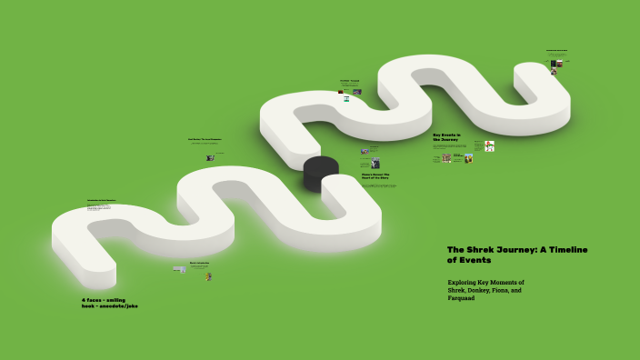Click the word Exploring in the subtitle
(x=464, y=283)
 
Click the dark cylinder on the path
(x=320, y=173)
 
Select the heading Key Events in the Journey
(x=447, y=136)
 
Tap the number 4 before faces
(x=84, y=299)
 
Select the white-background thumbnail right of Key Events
(x=489, y=145)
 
